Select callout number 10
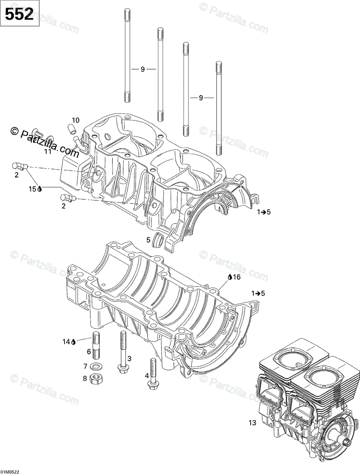click(75, 120)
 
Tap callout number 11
click(48, 151)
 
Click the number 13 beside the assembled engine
click(252, 423)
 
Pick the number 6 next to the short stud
click(89, 351)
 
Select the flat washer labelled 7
click(96, 365)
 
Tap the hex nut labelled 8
click(96, 379)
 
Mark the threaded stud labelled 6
click(96, 347)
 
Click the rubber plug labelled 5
click(159, 241)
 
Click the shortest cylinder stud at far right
click(218, 109)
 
